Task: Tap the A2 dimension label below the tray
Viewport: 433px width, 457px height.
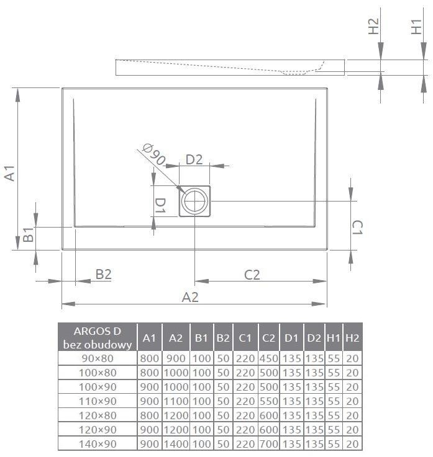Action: (x=190, y=297)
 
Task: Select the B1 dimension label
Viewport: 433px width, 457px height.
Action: (x=28, y=236)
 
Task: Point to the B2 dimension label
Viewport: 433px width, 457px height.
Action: (x=103, y=274)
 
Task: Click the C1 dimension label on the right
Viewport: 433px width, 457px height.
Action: (x=357, y=228)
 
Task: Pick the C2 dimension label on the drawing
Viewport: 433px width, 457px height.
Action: (x=252, y=274)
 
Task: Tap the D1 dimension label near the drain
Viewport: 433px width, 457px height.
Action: (x=160, y=205)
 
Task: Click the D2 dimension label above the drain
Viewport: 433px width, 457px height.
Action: (x=194, y=159)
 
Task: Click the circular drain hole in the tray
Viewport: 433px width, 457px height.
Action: (x=195, y=201)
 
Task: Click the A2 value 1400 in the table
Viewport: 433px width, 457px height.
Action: (x=176, y=443)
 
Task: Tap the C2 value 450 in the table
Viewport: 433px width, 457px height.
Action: (x=269, y=358)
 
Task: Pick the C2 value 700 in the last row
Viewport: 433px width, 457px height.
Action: (x=269, y=443)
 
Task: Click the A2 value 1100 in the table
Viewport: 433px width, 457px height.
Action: (x=176, y=401)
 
